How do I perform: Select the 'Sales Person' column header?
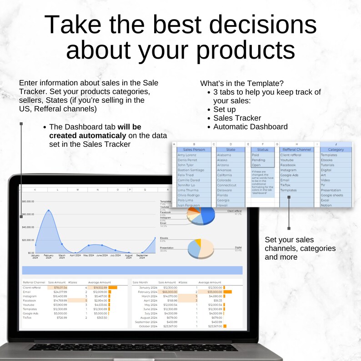coord(194,149)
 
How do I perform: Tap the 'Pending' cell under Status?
coord(258,160)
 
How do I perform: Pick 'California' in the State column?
coord(225,175)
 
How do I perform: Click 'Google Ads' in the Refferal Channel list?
coord(290,175)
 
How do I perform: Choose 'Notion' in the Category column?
coord(326,205)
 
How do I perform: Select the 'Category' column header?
coord(336,149)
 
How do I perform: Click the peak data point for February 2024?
coord(48,211)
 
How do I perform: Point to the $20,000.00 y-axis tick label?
coord(28,240)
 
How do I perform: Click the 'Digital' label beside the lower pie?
coord(238,247)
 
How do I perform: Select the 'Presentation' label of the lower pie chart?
coord(167,248)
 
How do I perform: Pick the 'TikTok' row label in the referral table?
coord(28,317)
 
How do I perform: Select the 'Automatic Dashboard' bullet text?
coord(250,127)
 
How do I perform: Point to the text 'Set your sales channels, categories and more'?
coord(300,248)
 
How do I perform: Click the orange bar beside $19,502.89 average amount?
coord(113,287)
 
